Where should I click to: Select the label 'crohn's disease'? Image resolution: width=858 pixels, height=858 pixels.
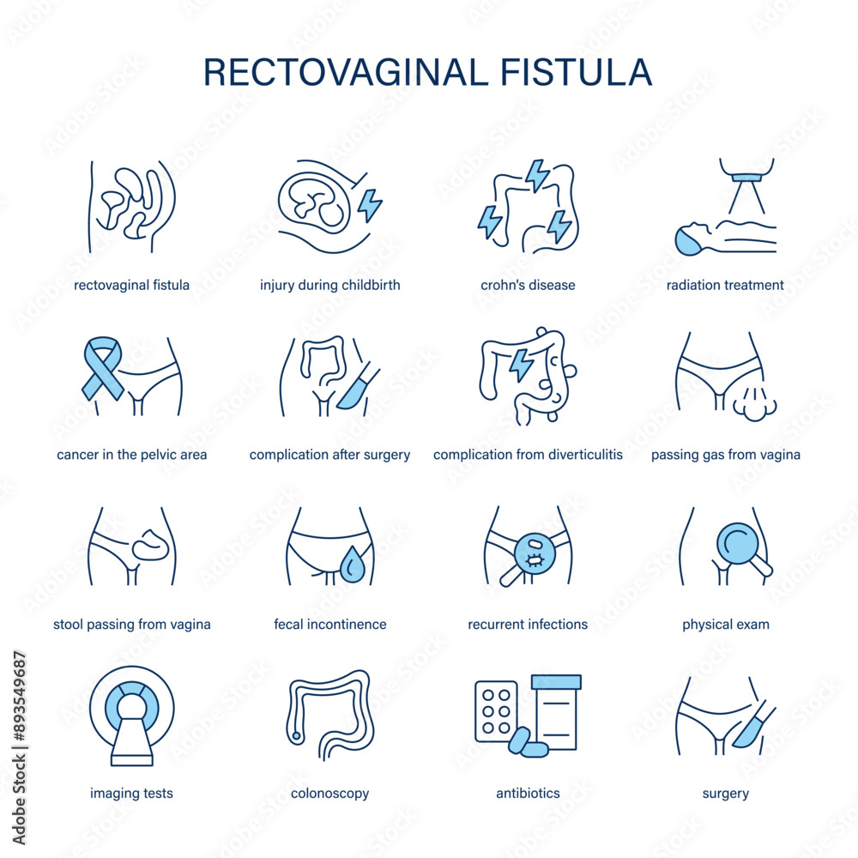tap(528, 285)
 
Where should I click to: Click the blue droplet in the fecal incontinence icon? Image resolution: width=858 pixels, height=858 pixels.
tap(351, 565)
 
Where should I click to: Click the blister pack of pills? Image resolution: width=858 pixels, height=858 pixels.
tap(496, 711)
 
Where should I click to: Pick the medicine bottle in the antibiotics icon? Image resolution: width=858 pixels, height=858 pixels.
tap(555, 712)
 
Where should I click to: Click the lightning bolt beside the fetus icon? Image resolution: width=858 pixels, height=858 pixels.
tap(370, 205)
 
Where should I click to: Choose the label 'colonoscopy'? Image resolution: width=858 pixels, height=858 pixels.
tap(330, 794)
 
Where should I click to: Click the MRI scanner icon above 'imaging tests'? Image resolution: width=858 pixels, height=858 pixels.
tap(131, 715)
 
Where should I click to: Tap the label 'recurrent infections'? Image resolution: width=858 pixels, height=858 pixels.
tap(528, 625)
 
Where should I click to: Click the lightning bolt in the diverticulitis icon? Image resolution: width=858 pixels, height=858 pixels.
tap(520, 364)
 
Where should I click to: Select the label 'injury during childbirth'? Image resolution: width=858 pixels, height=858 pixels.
tap(330, 285)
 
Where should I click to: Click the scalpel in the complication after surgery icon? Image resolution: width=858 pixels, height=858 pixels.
tap(357, 387)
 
